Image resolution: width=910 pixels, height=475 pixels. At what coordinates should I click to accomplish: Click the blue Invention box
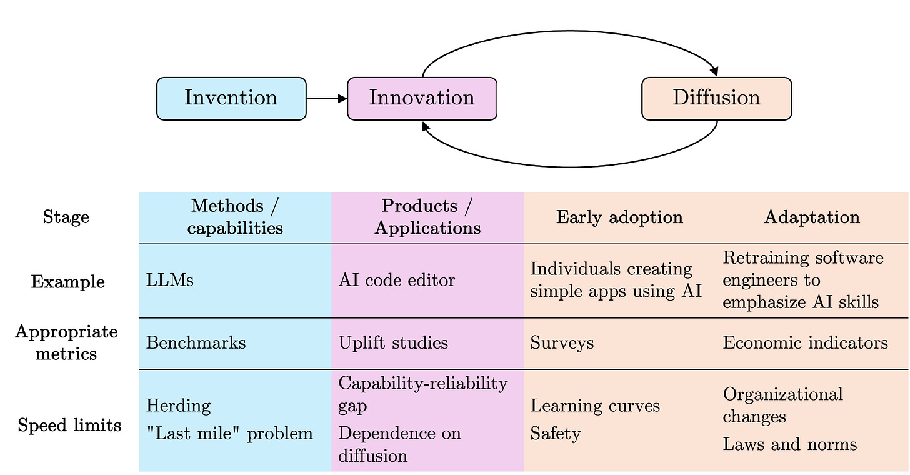tap(231, 98)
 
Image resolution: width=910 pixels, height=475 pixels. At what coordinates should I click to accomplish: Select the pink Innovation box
tap(422, 98)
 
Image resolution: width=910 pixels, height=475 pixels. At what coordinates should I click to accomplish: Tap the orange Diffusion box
tap(716, 98)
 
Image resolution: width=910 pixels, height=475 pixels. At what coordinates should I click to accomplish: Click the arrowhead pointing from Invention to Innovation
tap(342, 98)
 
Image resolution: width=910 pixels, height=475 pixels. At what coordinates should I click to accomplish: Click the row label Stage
tap(66, 217)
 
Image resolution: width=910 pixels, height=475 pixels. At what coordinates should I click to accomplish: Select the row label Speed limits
tap(69, 426)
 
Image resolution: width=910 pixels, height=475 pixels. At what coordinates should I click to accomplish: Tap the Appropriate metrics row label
tap(66, 342)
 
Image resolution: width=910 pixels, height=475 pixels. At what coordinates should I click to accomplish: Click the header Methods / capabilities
tap(235, 216)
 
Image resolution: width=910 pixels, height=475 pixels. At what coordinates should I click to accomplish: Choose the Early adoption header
tap(619, 217)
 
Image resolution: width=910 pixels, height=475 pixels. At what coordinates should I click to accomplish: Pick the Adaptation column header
tap(812, 217)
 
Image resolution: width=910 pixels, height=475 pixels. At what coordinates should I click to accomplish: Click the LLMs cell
tap(170, 281)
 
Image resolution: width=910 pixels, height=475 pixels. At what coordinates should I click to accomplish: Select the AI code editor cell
tap(397, 281)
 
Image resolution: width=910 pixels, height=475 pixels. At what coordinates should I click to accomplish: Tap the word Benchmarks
tap(196, 343)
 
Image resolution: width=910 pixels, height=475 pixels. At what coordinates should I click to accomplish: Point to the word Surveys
tap(562, 343)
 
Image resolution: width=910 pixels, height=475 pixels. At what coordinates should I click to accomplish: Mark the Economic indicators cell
tap(805, 343)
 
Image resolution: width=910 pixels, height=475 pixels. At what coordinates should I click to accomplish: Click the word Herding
tap(178, 406)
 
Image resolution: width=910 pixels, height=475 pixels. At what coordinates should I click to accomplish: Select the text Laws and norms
tap(789, 444)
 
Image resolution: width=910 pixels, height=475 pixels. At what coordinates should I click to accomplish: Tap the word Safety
tap(556, 434)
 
